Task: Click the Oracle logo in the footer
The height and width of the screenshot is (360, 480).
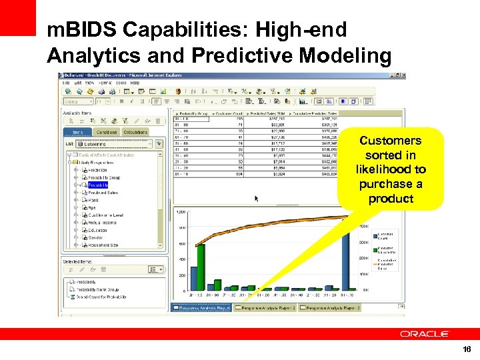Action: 424,333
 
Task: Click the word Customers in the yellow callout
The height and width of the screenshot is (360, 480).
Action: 390,141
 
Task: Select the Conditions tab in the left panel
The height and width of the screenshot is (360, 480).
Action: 107,132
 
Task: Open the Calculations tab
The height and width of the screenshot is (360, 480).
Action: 136,132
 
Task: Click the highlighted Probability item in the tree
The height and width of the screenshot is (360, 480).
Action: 99,185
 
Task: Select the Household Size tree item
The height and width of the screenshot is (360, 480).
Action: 104,245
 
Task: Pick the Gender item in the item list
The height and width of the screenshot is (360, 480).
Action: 95,237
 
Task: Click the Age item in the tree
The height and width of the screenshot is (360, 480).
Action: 92,207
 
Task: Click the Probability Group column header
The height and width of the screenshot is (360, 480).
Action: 193,113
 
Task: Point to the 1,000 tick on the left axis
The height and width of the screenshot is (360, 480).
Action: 180,211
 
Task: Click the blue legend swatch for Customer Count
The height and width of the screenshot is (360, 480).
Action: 373,235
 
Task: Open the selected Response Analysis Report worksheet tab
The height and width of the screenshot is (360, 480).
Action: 202,308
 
